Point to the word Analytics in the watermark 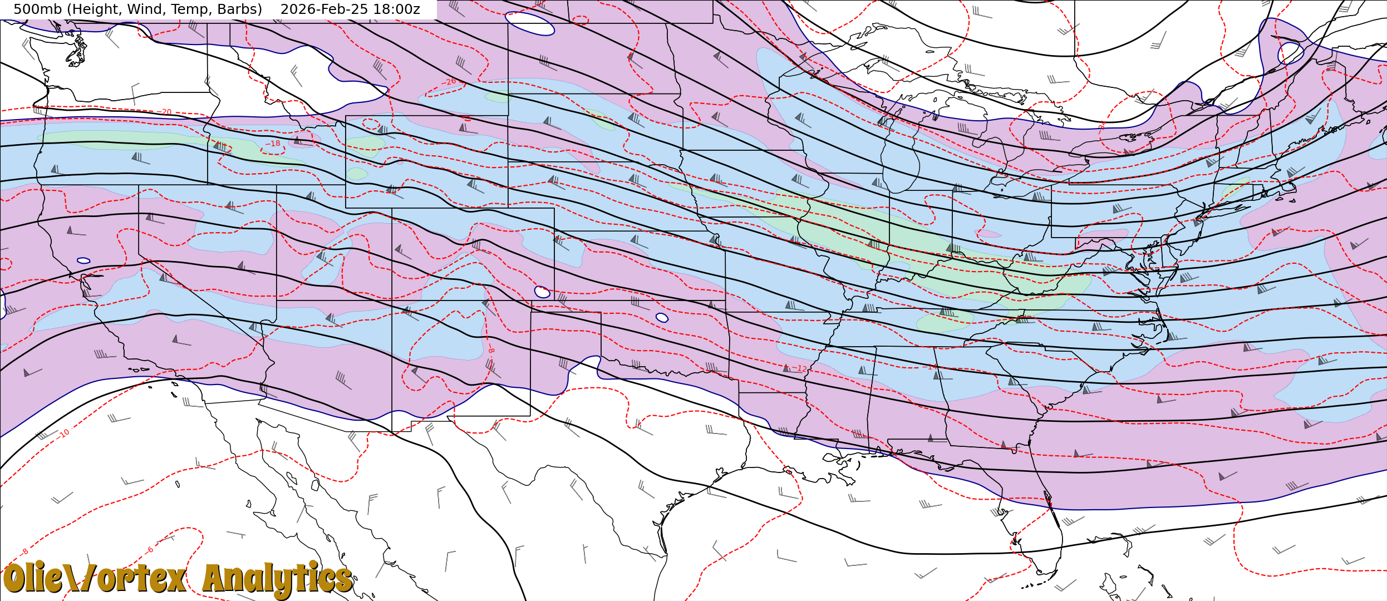[x=277, y=579]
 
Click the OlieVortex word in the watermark [x=95, y=579]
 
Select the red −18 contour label [x=273, y=144]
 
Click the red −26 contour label [x=449, y=82]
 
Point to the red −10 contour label [x=64, y=433]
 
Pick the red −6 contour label [x=150, y=550]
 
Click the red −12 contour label [x=800, y=368]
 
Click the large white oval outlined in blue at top [x=529, y=23]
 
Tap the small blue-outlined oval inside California [x=83, y=260]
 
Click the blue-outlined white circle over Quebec [x=1291, y=53]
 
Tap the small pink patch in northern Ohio [x=988, y=233]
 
